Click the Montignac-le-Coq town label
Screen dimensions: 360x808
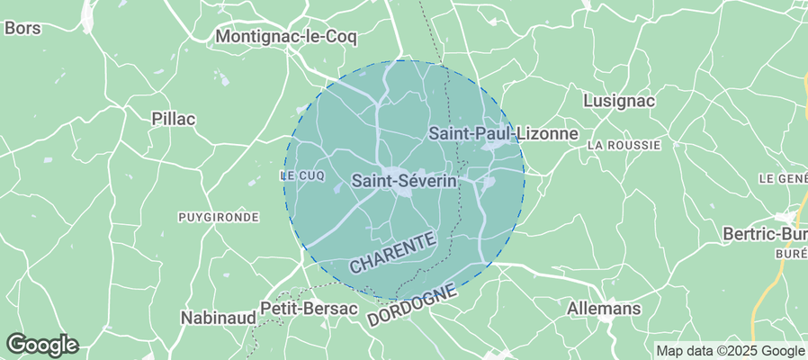(x=287, y=37)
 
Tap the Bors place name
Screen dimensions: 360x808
(x=22, y=28)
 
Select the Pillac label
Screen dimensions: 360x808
(x=174, y=119)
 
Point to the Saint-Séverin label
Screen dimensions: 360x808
(x=404, y=181)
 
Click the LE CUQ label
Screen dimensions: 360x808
(x=301, y=175)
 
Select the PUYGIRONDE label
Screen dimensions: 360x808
(x=219, y=217)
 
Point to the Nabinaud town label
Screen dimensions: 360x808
(x=215, y=318)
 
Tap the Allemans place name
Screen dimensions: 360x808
(x=604, y=309)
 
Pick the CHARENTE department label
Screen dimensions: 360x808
(x=393, y=252)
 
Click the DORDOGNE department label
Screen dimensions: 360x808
(x=413, y=309)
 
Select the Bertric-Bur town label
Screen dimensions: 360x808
(x=765, y=234)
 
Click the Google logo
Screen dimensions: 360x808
(x=41, y=344)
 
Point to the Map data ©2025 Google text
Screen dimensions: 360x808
(x=730, y=351)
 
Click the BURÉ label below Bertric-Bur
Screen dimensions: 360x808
(x=790, y=255)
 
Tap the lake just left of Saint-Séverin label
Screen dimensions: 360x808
(x=338, y=189)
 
